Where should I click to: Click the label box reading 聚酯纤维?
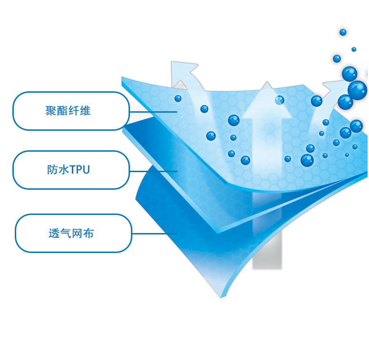71,111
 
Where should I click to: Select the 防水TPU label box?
71,170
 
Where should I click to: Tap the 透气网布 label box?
73,233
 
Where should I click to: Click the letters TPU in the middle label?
79,170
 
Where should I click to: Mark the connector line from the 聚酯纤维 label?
153,112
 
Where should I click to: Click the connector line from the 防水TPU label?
153,171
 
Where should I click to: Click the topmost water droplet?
343,32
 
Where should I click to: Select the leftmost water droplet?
178,98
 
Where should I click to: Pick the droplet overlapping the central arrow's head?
279,100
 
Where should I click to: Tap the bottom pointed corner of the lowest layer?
221,296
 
